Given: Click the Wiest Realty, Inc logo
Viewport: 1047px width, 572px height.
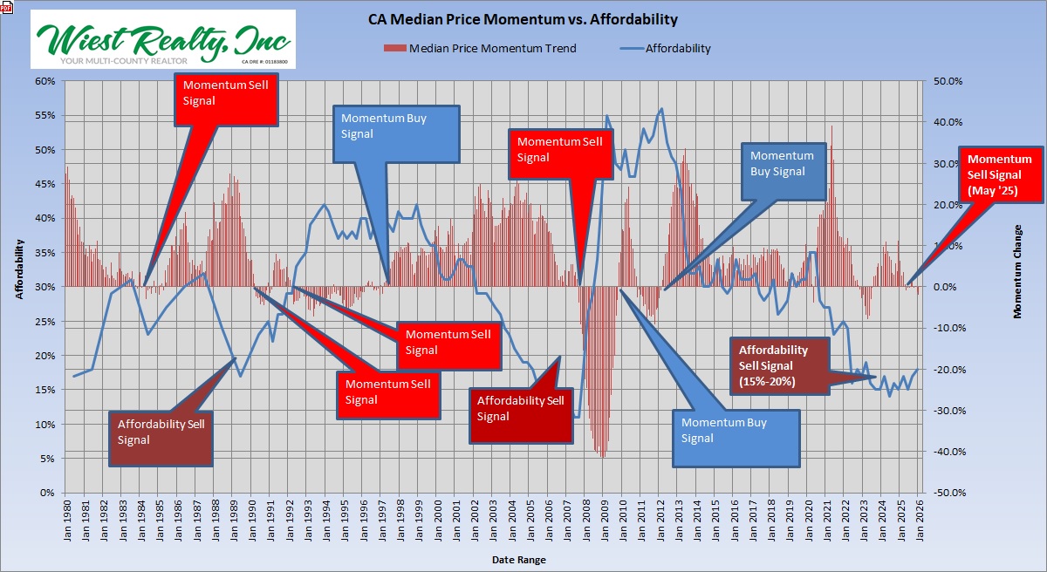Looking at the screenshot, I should click(x=163, y=39).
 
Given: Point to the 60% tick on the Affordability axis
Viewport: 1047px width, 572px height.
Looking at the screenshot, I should click(x=44, y=81).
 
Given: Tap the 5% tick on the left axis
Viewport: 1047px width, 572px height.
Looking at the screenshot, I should click(x=46, y=459).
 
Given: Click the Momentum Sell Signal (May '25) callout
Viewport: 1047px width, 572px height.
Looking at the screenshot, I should click(x=1000, y=174).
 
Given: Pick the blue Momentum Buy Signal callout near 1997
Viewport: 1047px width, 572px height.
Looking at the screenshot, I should click(x=396, y=133).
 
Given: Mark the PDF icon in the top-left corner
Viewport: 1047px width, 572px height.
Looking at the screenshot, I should click(x=7, y=7).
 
